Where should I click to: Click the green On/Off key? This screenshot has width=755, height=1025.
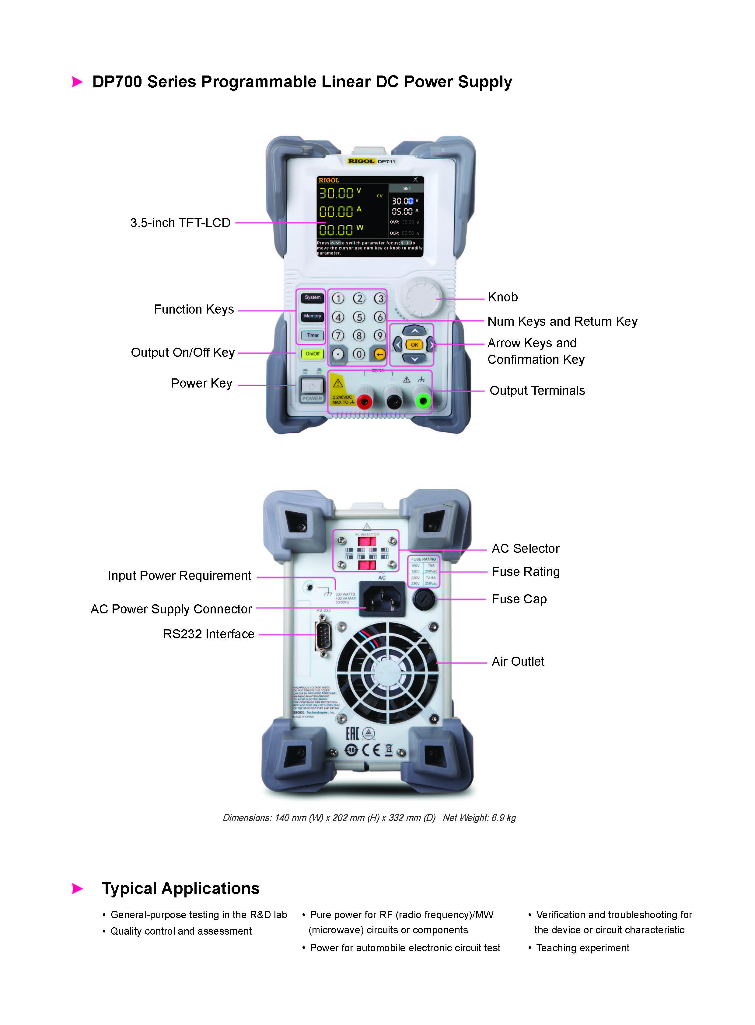312,353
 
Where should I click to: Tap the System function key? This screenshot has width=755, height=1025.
312,298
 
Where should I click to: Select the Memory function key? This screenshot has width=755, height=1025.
312,316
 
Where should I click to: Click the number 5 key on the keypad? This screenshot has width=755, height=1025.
359,317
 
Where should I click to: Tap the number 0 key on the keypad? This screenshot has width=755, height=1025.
359,354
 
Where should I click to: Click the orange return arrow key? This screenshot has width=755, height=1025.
379,354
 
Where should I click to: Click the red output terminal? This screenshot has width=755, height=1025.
364,402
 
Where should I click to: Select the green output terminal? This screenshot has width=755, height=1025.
423,401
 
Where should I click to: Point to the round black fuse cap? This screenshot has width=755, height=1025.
424,599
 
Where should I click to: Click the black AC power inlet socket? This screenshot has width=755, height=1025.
382,599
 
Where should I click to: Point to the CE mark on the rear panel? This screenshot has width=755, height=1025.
371,750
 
